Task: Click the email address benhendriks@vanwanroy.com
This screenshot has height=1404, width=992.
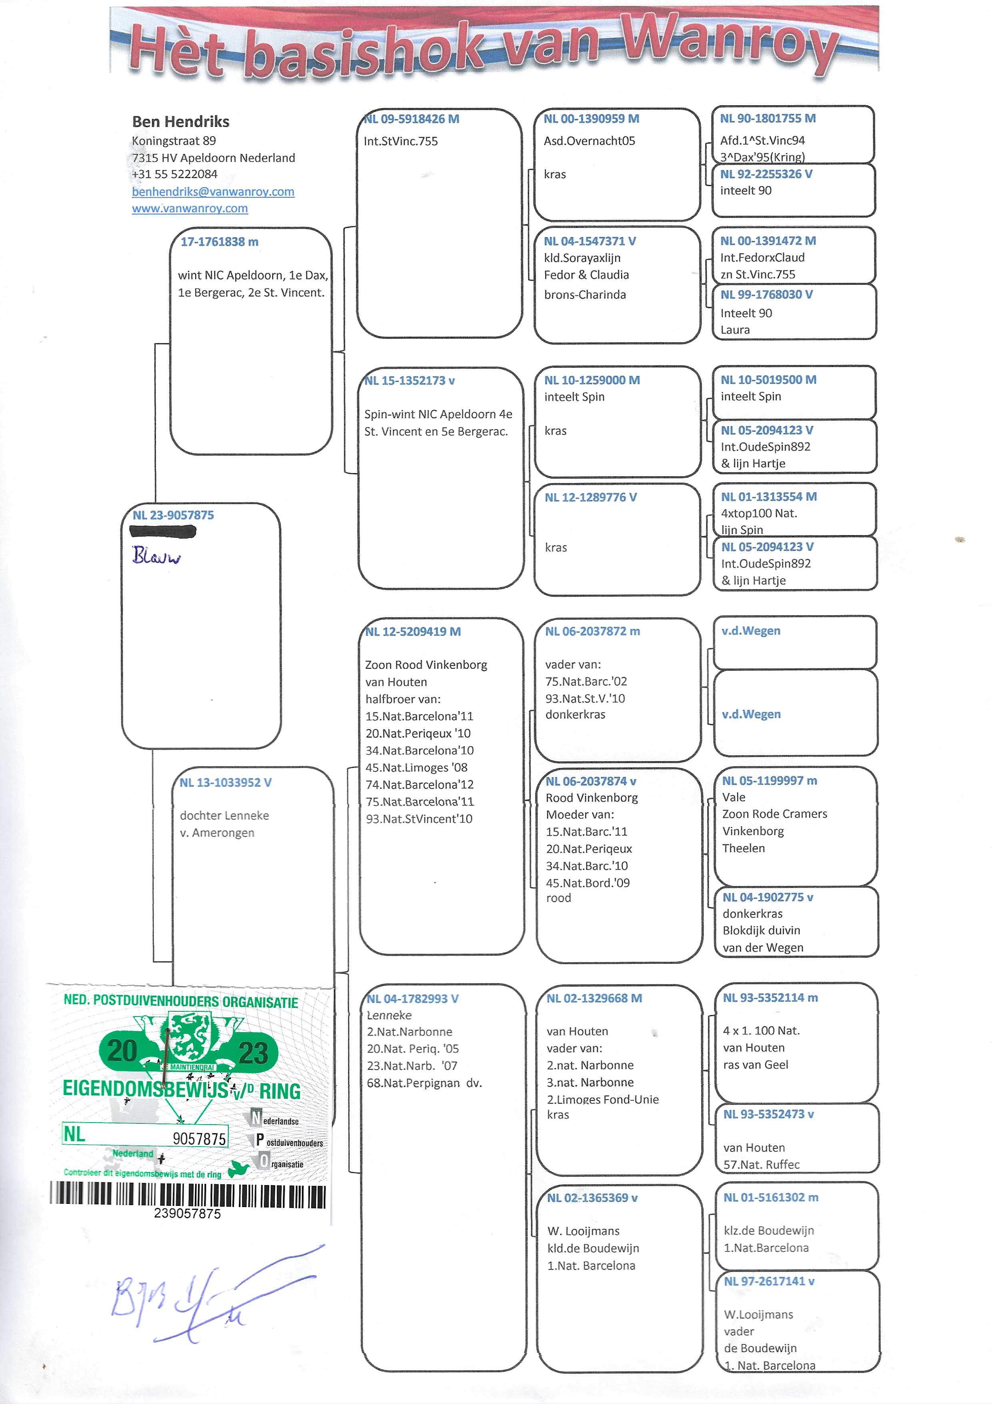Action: pyautogui.click(x=213, y=191)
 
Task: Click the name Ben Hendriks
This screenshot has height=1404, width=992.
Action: pyautogui.click(x=180, y=122)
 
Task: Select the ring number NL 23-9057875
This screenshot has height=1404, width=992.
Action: pyautogui.click(x=173, y=515)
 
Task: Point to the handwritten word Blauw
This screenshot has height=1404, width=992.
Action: pyautogui.click(x=156, y=555)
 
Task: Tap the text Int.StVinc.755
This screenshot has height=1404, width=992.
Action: pyautogui.click(x=400, y=141)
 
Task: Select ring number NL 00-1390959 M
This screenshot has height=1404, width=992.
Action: pyautogui.click(x=591, y=118)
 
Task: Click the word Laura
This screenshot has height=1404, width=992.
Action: pyautogui.click(x=735, y=330)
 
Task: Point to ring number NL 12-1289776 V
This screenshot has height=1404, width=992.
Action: pyautogui.click(x=590, y=497)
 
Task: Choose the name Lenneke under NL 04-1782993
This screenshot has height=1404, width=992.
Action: pyautogui.click(x=389, y=1015)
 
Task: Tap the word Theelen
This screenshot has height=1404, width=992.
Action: pyautogui.click(x=743, y=848)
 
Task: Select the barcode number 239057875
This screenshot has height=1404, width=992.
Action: pyautogui.click(x=187, y=1213)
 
